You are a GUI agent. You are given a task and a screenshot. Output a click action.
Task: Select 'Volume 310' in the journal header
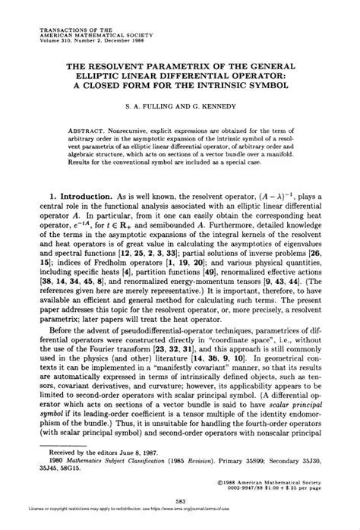click(55, 41)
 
